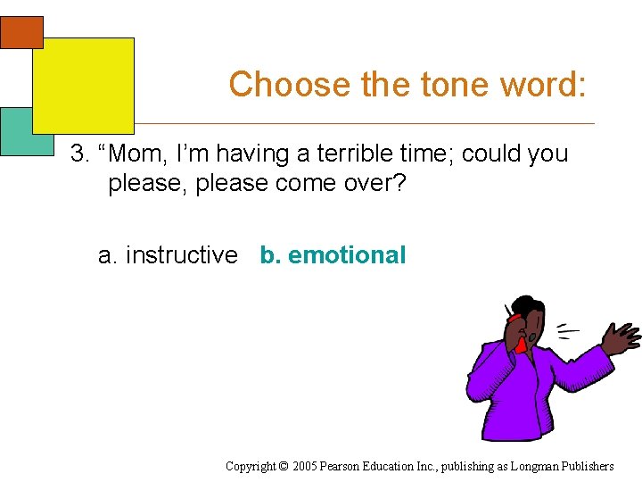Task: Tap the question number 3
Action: point(81,154)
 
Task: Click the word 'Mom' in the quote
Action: point(138,154)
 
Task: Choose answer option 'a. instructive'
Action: point(168,255)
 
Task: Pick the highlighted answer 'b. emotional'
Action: point(333,255)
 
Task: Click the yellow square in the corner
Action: point(83,86)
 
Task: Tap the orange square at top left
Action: point(20,32)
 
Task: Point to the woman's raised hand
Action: point(621,337)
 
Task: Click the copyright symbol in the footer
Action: point(284,466)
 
